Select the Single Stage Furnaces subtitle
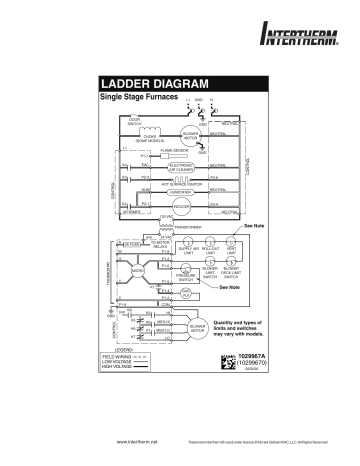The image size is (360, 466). (x=137, y=98)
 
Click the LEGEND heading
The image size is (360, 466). (x=111, y=377)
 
